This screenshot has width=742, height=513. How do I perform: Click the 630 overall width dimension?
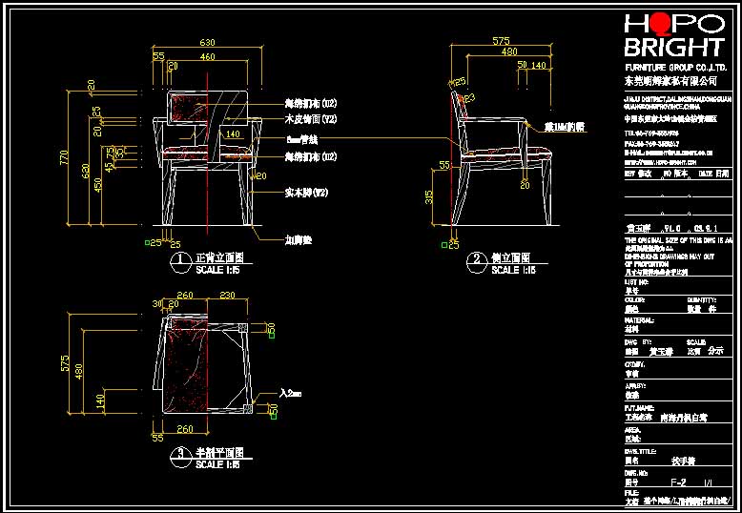[x=207, y=43]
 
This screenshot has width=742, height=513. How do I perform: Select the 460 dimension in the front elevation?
[x=207, y=56]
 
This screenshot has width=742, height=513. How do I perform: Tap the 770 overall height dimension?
[x=65, y=158]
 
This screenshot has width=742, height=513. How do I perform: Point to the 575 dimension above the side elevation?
[x=501, y=42]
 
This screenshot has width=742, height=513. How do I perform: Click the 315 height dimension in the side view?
[x=430, y=195]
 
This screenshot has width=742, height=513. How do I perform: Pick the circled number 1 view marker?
[x=176, y=259]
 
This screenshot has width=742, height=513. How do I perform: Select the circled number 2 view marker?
[x=474, y=259]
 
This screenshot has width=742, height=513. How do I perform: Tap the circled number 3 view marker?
[x=176, y=455]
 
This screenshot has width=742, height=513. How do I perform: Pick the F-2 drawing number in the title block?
[x=678, y=482]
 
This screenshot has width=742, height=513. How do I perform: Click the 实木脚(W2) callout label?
[x=306, y=193]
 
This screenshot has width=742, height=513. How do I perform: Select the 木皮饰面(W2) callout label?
[x=311, y=119]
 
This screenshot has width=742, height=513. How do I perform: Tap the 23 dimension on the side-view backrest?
[x=470, y=98]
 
